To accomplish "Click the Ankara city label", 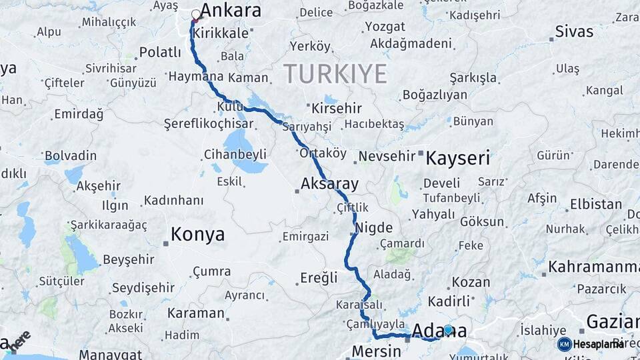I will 231,11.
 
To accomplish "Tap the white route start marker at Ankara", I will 196,14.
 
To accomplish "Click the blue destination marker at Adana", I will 448,329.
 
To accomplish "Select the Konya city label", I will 197,235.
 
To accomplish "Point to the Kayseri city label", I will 457,159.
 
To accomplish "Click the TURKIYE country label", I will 335,73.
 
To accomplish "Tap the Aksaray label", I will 329,183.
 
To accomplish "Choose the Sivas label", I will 574,31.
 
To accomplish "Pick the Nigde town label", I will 375,228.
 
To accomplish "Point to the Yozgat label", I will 385,27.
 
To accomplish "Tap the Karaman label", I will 195,313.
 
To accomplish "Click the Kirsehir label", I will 337,108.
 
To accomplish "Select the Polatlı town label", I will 160,52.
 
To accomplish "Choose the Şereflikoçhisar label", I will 209,124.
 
